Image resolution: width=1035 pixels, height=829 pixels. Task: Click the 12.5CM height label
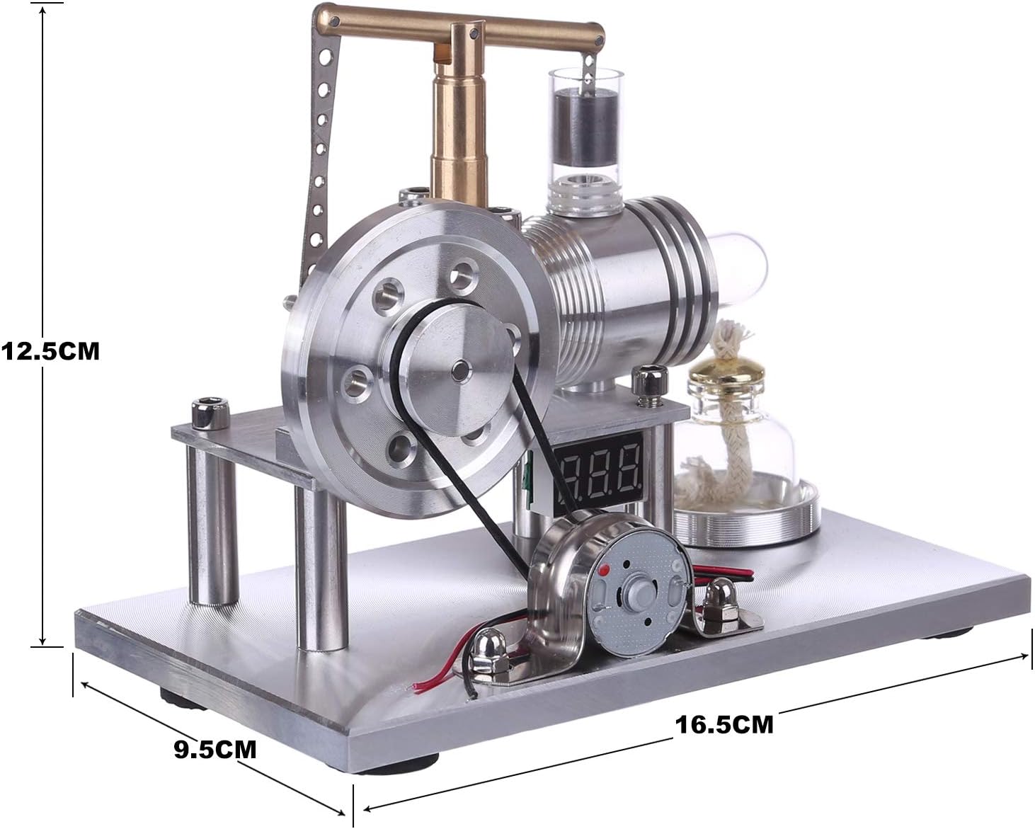pos(50,352)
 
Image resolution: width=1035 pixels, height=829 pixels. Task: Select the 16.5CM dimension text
pos(724,725)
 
